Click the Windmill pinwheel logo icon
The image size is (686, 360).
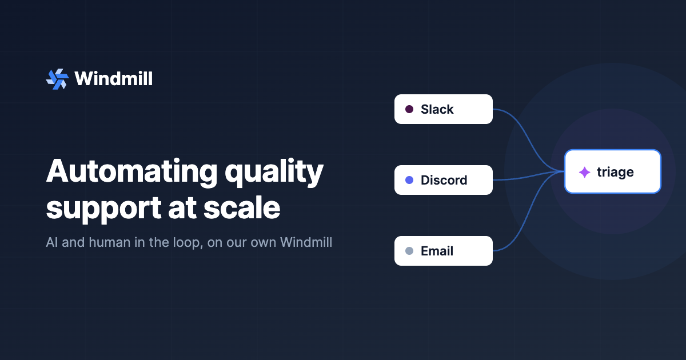coord(57,79)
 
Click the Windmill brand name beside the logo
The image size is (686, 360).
coord(113,79)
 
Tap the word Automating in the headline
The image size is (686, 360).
coord(131,171)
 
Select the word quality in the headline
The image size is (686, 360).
coord(274,173)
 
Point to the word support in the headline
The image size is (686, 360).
coord(103,210)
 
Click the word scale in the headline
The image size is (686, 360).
coord(242,207)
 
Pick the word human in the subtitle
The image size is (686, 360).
coord(109,242)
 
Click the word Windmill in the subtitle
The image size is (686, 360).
coord(306,242)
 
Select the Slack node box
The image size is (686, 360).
coord(444,109)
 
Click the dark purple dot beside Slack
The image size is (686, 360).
coord(409,109)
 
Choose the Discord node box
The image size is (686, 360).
coord(444,180)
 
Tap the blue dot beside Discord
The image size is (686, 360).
coord(409,180)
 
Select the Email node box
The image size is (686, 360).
coord(444,251)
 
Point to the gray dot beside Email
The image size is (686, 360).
coord(409,251)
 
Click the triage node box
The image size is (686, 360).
coord(613,171)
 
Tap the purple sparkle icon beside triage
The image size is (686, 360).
coord(585,172)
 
